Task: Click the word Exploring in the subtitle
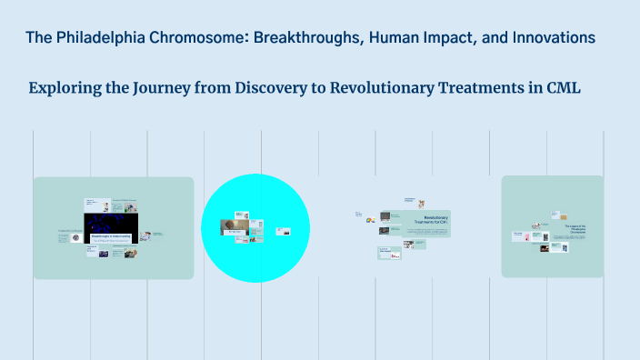tap(65, 88)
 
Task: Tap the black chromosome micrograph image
tap(110, 224)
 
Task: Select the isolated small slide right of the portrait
tap(282, 231)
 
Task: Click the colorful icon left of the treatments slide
tap(371, 219)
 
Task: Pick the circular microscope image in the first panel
tap(75, 237)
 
